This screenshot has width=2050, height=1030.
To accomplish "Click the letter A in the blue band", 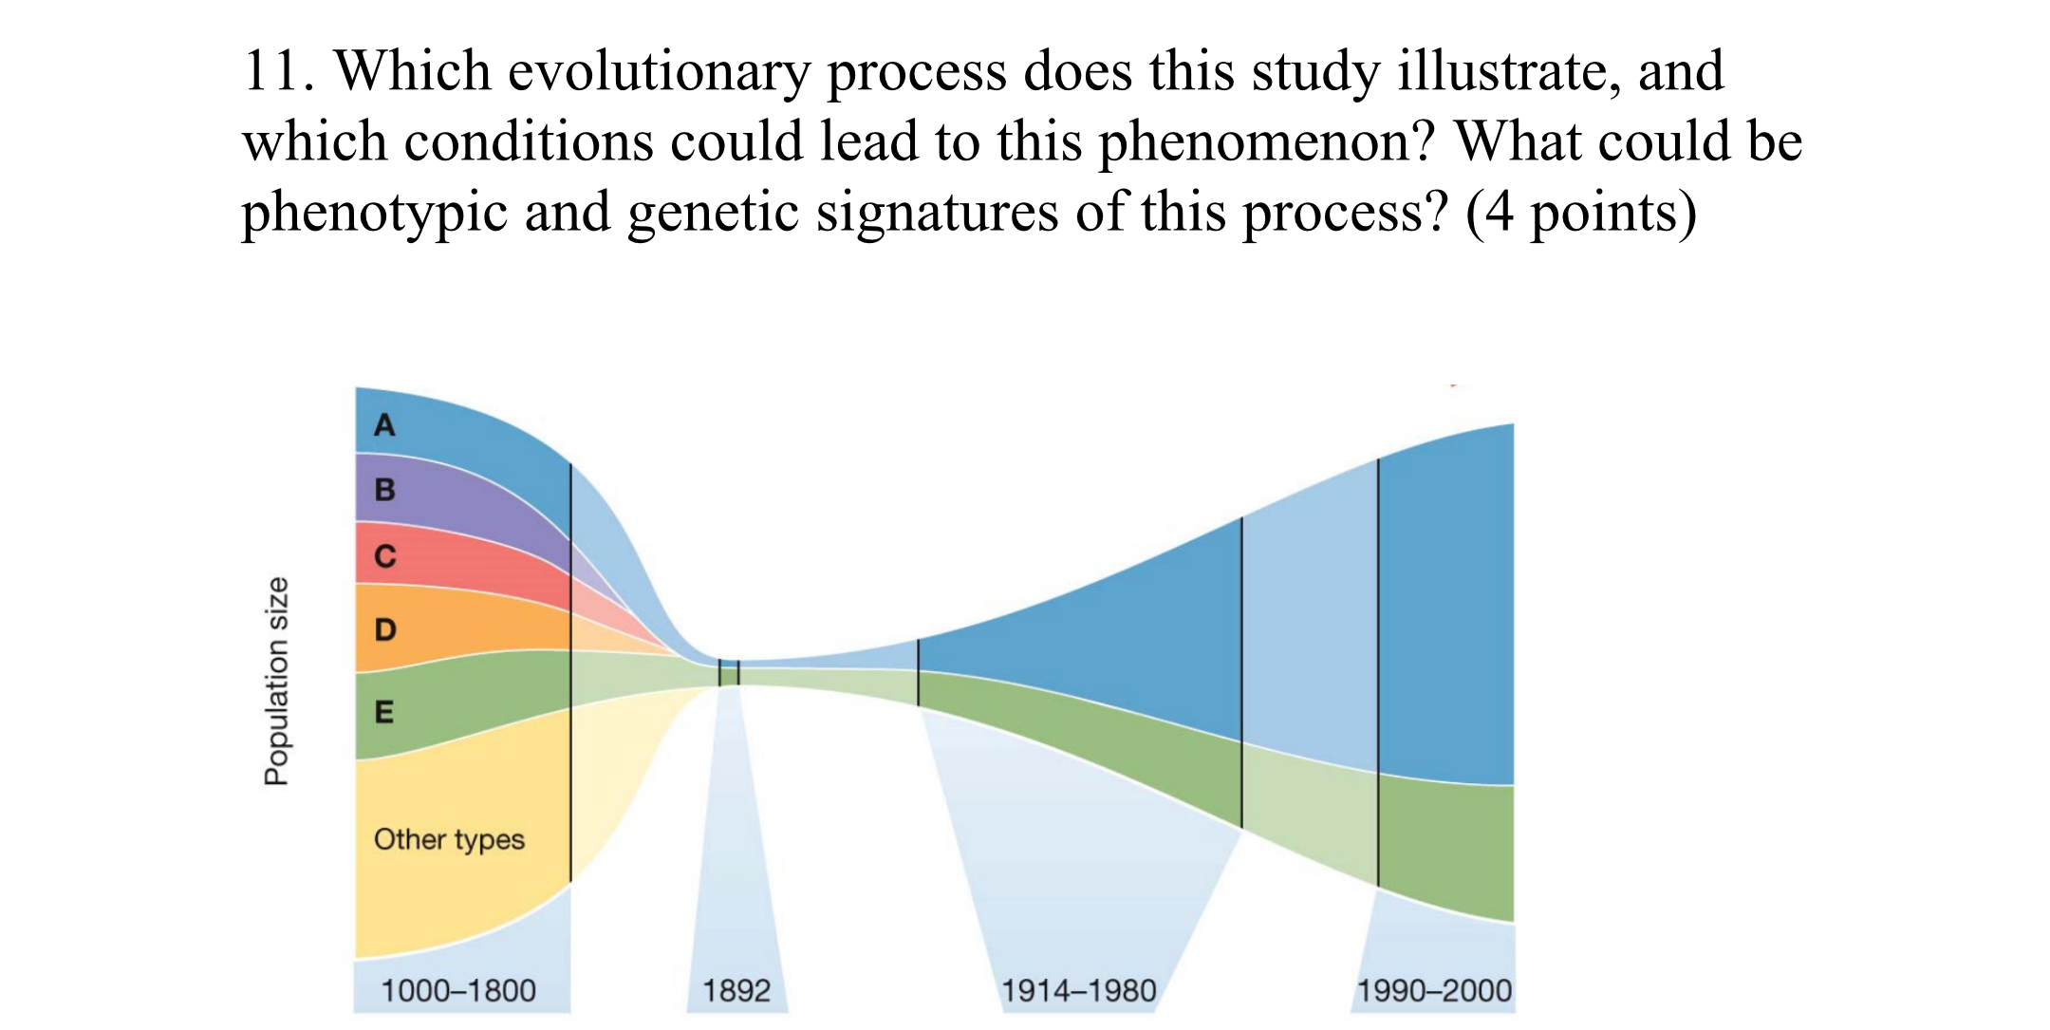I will (x=384, y=424).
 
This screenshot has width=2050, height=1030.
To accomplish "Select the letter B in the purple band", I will (x=384, y=490).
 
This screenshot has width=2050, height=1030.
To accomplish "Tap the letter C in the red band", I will (x=384, y=555).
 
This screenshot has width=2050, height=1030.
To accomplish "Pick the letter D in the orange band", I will (x=384, y=629).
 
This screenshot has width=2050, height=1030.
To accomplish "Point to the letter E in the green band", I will (x=383, y=712).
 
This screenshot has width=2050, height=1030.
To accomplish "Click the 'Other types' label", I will (x=449, y=839).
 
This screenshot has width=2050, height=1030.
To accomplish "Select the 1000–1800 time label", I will (x=458, y=991).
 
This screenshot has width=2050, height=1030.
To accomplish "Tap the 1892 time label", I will (x=736, y=991).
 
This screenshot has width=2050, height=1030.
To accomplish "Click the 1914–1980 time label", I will (x=1079, y=991).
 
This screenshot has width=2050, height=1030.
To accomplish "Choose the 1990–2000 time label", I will (x=1434, y=991).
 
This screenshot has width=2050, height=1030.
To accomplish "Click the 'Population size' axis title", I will (x=275, y=681).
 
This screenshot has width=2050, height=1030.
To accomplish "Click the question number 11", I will (x=277, y=71).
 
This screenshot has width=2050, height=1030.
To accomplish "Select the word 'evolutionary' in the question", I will (x=659, y=71).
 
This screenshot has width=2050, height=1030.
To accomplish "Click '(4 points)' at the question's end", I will (x=1580, y=212).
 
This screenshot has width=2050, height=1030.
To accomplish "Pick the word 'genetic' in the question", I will (x=713, y=212).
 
